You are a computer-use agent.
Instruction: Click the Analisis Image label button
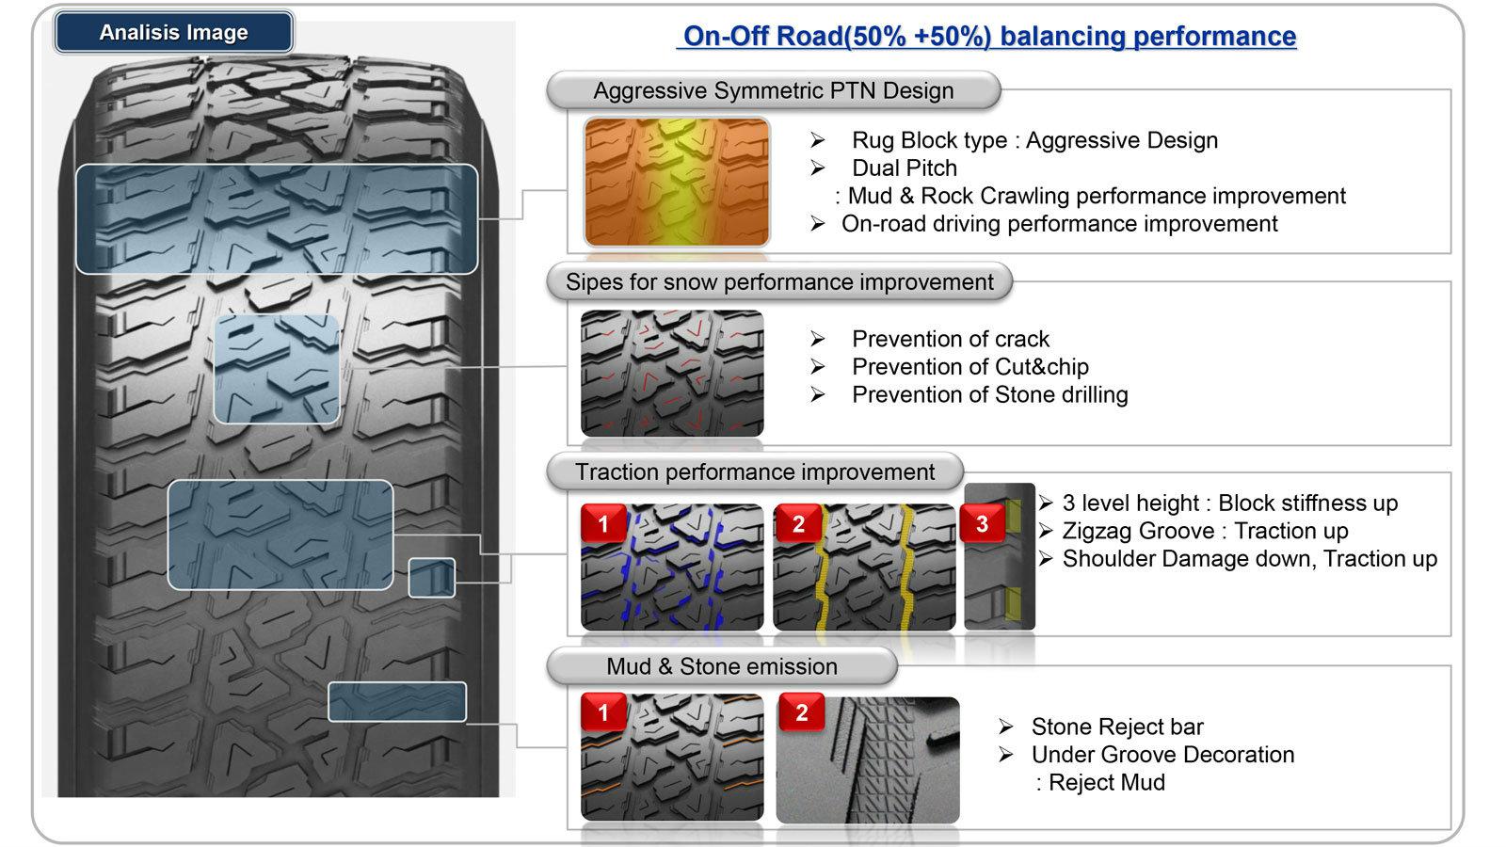coord(173,32)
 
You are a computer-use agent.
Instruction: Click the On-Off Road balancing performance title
coord(988,36)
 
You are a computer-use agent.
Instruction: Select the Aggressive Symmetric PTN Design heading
coord(773,90)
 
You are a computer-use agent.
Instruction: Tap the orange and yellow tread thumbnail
coord(676,182)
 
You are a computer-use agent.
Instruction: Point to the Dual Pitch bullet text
coord(904,168)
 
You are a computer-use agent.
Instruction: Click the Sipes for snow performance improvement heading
coord(778,281)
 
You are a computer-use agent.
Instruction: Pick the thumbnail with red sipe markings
coord(672,374)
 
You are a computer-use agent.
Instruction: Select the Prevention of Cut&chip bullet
coord(969,366)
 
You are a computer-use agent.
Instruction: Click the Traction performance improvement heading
coord(755,471)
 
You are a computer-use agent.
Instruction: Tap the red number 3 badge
coord(982,523)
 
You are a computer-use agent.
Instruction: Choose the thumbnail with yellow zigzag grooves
coord(864,567)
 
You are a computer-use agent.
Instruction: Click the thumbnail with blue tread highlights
coord(672,567)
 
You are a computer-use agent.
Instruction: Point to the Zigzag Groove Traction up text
coord(1205,531)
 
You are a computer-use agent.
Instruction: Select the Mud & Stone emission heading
coord(721,666)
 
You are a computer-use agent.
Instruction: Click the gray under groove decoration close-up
coord(868,759)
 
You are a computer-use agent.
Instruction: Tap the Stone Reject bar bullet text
coord(1116,727)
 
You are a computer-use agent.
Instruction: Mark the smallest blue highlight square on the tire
coord(431,577)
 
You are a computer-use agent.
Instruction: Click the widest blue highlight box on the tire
coord(276,218)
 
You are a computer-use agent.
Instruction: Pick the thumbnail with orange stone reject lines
coord(672,758)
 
